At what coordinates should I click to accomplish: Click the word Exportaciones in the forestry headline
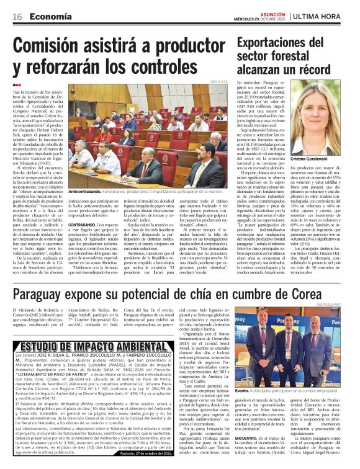pos(277,42)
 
